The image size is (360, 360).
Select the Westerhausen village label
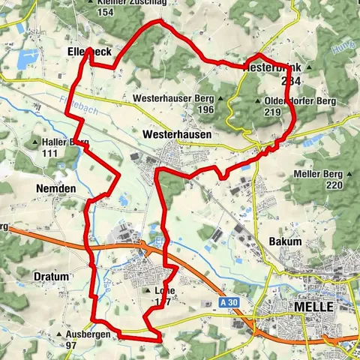[x=176, y=133]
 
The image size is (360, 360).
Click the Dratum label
[x=52, y=277]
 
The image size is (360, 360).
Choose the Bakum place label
[x=285, y=242]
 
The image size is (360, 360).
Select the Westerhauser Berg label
[x=172, y=98]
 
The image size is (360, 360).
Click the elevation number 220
[x=334, y=184]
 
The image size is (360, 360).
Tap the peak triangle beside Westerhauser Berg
[x=220, y=98]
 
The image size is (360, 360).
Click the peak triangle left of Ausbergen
[x=58, y=334]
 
